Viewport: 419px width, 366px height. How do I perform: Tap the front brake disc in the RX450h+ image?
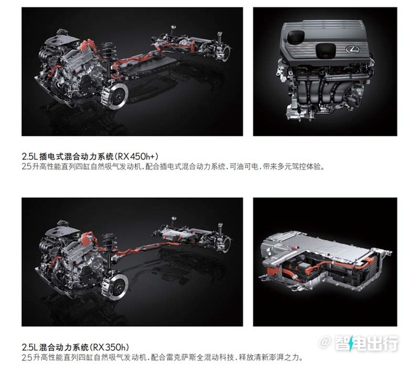(x=117, y=95)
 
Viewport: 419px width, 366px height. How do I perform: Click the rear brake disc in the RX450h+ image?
(x=226, y=54)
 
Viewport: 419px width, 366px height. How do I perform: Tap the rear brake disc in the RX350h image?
(x=226, y=244)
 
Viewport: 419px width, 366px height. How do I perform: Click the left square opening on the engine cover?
(x=296, y=36)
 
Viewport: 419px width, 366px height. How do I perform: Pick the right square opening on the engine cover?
(x=325, y=50)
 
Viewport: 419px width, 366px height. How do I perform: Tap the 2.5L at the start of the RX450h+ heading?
(x=30, y=156)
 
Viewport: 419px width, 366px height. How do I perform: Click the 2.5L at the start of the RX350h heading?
(x=30, y=348)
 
